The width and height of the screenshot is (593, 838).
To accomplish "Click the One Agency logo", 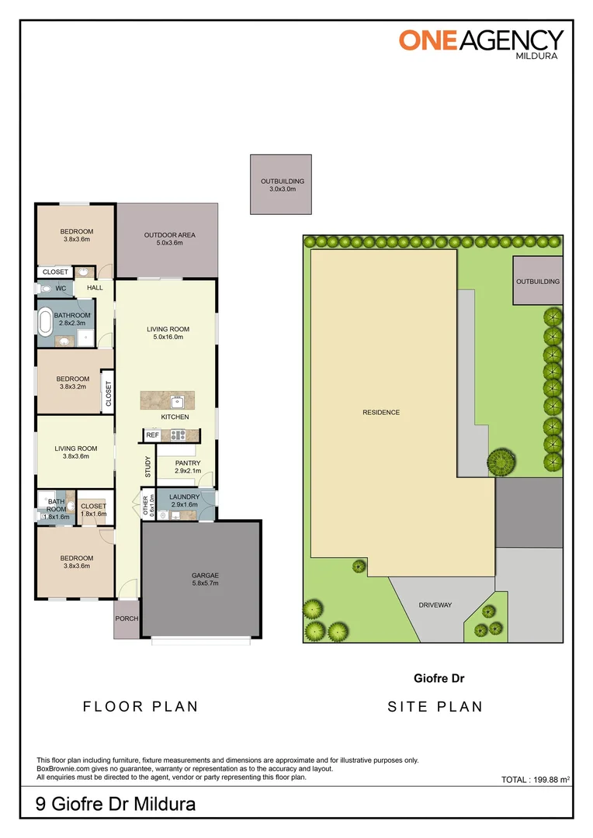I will [x=480, y=40].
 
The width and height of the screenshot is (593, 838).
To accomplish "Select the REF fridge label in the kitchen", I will [x=153, y=435].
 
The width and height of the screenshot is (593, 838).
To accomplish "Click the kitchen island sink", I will [x=176, y=401].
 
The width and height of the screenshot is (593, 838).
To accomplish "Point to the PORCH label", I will [x=126, y=618].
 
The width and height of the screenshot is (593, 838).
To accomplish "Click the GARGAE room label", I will [x=205, y=575].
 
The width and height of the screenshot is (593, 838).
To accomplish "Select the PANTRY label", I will [x=187, y=463].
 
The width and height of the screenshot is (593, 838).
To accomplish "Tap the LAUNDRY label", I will [x=185, y=497].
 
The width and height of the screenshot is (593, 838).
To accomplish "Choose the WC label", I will [x=60, y=288].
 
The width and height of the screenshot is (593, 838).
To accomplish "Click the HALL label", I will [x=95, y=288].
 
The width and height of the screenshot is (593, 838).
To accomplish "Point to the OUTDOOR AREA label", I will [x=169, y=235].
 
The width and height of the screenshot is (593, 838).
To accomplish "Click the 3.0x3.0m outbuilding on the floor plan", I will [x=281, y=184].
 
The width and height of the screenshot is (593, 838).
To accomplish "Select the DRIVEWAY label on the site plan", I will [x=435, y=605].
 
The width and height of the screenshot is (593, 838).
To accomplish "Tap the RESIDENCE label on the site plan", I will [x=381, y=412].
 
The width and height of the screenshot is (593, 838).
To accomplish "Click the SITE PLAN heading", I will [x=435, y=707].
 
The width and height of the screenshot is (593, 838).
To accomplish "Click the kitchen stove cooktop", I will [x=179, y=435].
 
